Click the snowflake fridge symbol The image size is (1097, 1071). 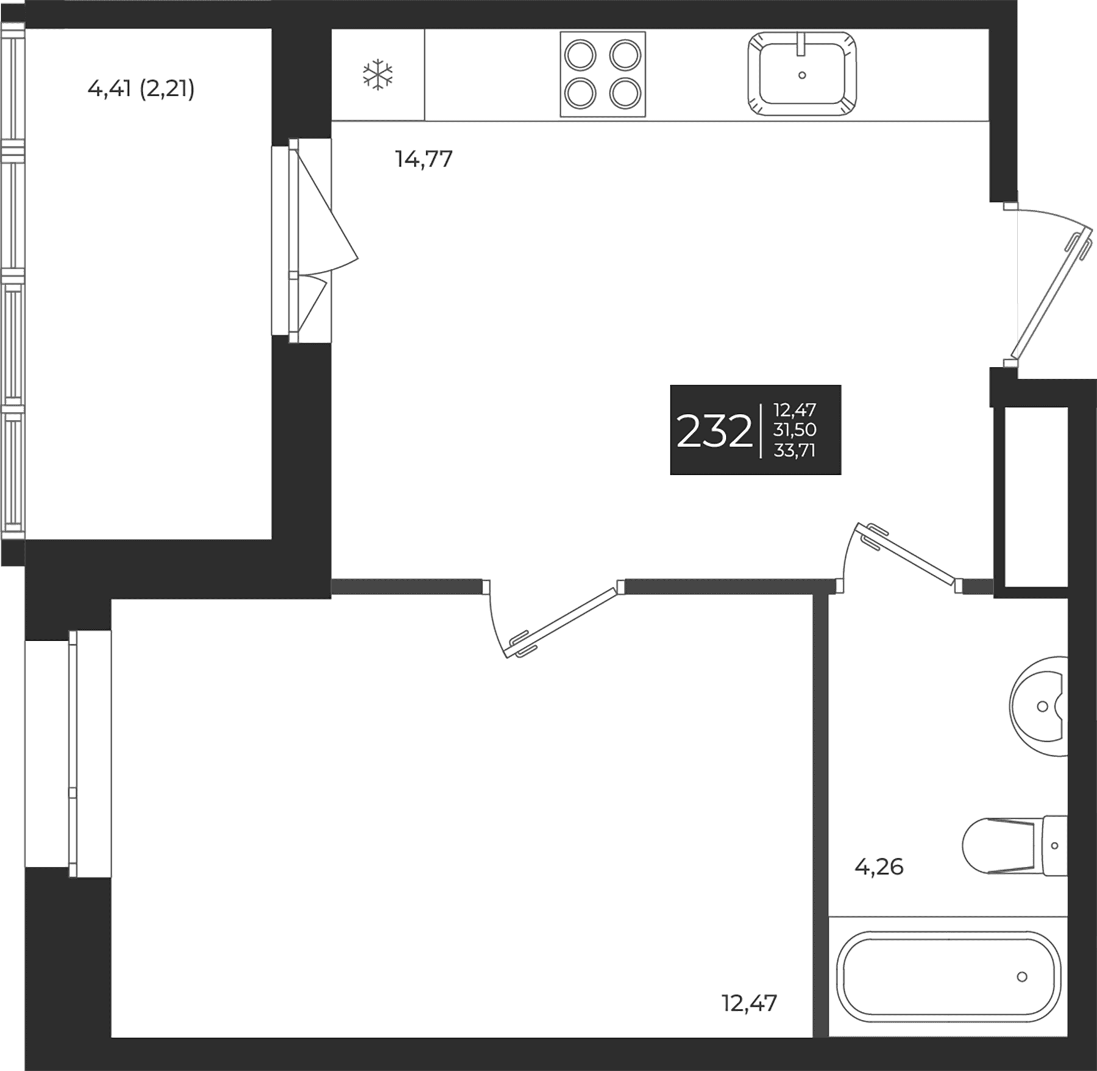[378, 75]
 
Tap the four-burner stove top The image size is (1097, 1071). [603, 74]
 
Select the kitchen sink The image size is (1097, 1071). [802, 74]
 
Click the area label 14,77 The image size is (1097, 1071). [424, 159]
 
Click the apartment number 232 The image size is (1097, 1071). [714, 431]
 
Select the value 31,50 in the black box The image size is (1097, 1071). [795, 430]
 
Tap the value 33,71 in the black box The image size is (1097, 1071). [794, 450]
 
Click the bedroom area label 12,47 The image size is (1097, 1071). [750, 1003]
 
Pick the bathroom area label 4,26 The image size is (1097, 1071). [879, 866]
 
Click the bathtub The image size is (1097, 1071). [948, 977]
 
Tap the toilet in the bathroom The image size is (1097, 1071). [1015, 845]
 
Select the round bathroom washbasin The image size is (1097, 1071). [1038, 706]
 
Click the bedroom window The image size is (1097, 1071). [68, 753]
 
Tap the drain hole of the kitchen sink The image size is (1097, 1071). [802, 75]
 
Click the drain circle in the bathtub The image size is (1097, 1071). [1022, 977]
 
